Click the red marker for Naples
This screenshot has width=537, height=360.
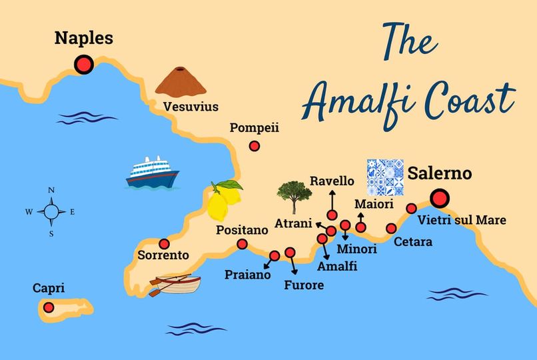pos(84,64)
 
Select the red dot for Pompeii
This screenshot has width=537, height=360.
pos(254,147)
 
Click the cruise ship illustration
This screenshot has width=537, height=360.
pos(153,172)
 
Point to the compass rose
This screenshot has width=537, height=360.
pos(51,212)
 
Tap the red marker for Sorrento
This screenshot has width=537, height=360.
pos(164,243)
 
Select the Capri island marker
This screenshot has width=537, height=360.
pos(49,307)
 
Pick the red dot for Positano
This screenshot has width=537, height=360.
pos(243,245)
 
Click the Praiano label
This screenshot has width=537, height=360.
pos(247,274)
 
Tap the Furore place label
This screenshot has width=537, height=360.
pos(304,285)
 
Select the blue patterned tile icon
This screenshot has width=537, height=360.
pos(386,177)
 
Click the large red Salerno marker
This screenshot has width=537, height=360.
pos(440,199)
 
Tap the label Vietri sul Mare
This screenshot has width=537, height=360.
pos(461,220)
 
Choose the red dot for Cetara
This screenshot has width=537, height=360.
pos(391,229)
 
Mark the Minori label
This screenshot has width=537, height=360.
pos(356,249)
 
